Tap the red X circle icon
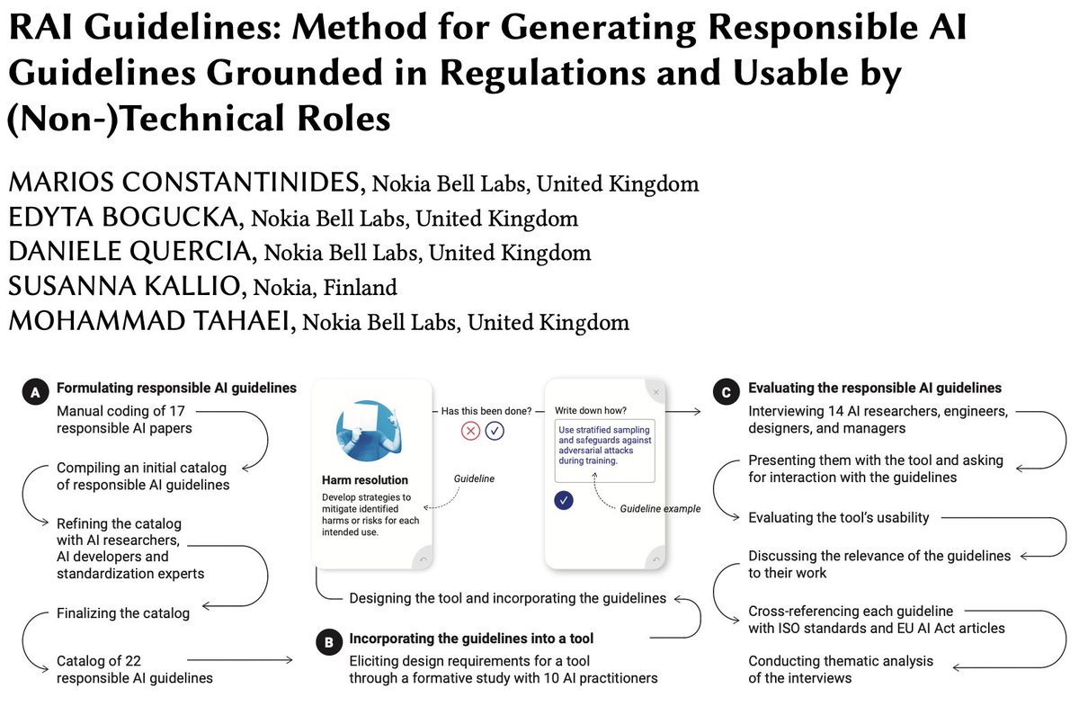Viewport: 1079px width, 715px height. (470, 431)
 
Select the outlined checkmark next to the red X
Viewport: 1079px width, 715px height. (495, 431)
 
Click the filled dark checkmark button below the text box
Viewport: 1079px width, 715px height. (564, 500)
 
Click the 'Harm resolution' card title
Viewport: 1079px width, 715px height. (364, 480)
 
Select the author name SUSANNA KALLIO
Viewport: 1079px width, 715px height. (127, 287)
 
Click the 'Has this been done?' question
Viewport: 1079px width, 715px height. (486, 411)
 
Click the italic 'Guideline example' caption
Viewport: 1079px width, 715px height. (659, 509)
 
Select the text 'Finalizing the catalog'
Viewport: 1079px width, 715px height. (123, 613)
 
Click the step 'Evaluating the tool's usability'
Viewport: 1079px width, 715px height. (839, 517)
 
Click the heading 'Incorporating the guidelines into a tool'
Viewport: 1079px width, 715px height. (471, 639)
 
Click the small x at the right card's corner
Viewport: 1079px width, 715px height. (655, 392)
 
